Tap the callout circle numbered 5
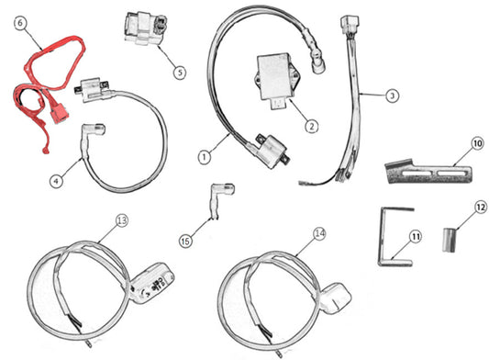click(180, 71)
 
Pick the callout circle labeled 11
click(415, 236)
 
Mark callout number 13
click(123, 221)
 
